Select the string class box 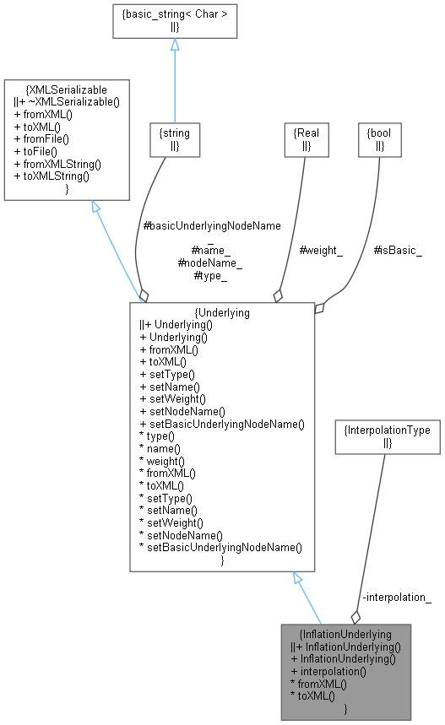(x=175, y=138)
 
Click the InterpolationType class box (x=387, y=436)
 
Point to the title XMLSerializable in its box (x=67, y=89)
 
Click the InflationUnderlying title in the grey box (x=345, y=633)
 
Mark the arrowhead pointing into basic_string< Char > (x=175, y=46)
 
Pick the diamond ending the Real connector (x=277, y=296)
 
